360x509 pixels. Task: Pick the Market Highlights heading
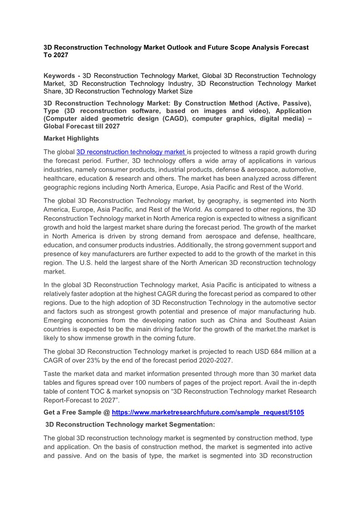point(71,138)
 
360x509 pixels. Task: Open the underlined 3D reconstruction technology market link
point(131,152)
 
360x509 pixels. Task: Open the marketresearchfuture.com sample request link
point(208,412)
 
